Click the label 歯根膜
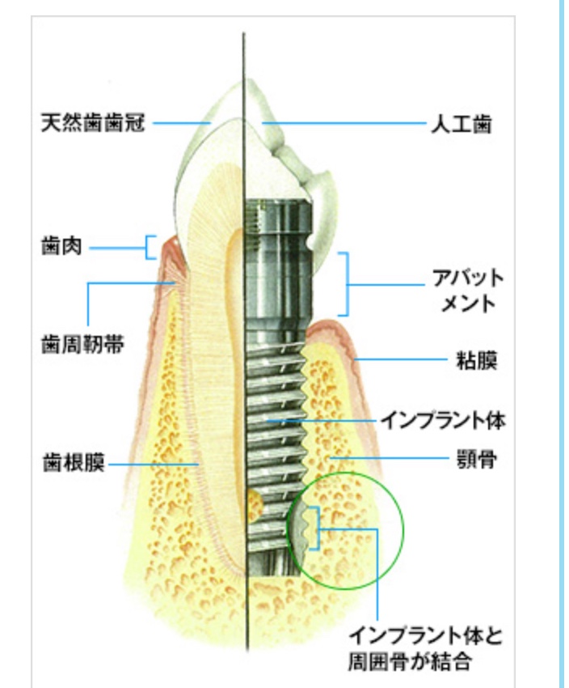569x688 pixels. [x=74, y=465]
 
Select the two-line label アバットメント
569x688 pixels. [x=468, y=293]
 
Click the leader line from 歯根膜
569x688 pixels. [x=154, y=465]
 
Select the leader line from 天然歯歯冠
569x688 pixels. [x=182, y=124]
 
